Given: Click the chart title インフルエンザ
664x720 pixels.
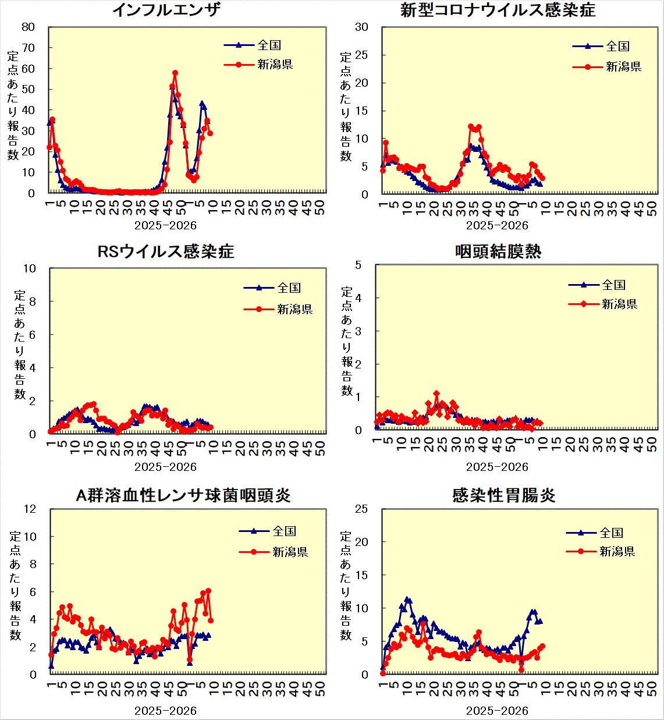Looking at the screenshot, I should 166,10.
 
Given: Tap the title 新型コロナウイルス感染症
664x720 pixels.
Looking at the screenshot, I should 498,10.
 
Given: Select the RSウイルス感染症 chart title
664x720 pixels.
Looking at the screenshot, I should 165,251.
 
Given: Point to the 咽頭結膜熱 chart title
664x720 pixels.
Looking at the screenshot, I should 498,251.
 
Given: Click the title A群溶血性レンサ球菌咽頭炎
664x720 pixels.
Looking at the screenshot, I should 183,495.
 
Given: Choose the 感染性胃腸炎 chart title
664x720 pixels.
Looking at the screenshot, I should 503,495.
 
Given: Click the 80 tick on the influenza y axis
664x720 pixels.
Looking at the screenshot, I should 28,27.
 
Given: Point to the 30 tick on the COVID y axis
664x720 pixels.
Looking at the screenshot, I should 361,27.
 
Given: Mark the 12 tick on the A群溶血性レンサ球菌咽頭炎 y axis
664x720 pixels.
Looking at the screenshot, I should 30,509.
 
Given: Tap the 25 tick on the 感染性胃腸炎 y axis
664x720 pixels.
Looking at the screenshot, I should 361,509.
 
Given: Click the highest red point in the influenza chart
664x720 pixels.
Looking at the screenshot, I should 175,73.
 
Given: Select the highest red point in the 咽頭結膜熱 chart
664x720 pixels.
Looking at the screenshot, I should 436,394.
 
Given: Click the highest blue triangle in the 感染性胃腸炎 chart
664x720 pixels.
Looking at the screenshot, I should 407,599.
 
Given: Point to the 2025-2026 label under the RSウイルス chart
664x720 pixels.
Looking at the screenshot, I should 165,467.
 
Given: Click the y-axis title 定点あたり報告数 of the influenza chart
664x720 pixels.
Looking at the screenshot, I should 13,105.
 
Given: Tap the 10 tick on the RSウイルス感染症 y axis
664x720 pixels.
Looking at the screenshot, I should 30,268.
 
